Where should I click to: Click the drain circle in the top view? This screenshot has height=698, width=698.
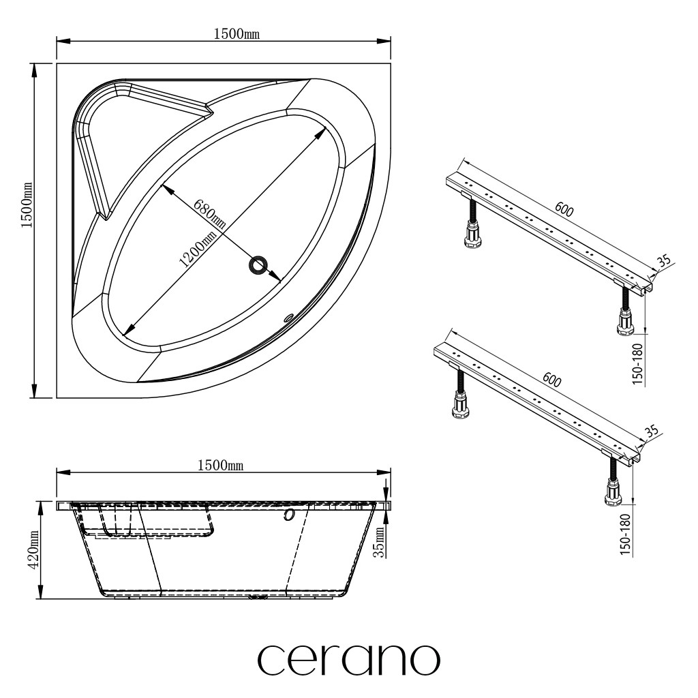click(258, 266)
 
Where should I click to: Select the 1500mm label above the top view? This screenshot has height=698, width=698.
click(237, 34)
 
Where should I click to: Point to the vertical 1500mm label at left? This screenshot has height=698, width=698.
click(27, 204)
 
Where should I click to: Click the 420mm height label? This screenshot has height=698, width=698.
click(34, 550)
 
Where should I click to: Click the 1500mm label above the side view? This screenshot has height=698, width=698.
click(220, 465)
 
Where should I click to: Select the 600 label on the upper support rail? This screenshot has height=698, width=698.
click(564, 209)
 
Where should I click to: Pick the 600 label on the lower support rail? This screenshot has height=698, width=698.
click(551, 380)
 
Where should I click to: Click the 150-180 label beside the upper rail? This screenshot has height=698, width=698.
click(638, 364)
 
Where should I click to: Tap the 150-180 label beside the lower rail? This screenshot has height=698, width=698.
click(626, 534)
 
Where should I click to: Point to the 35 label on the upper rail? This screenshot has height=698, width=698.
click(664, 262)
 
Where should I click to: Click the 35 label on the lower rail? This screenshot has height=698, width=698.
click(651, 431)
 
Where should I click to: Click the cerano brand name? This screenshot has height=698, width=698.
click(348, 660)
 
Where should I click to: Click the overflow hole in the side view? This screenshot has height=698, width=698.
click(288, 515)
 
